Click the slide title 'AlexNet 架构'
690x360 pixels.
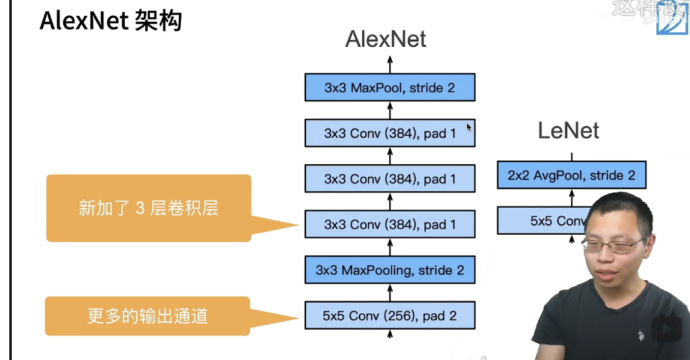[x=110, y=21]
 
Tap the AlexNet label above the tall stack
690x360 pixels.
[x=386, y=40]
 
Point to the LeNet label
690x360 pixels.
[x=568, y=130]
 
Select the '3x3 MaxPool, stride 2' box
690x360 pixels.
[x=390, y=88]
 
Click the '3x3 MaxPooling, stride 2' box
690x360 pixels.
[x=390, y=270]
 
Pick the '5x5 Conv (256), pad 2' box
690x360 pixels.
[x=390, y=316]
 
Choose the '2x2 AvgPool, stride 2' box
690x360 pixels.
[x=571, y=175]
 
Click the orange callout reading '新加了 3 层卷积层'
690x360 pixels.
[x=148, y=208]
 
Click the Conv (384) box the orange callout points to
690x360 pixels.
[x=390, y=225]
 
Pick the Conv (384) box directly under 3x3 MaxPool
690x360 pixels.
[x=390, y=133]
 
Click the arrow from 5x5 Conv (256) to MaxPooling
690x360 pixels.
[x=390, y=293]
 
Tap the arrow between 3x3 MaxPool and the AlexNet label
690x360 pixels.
[x=390, y=64]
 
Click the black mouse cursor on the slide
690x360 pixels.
[x=469, y=127]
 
